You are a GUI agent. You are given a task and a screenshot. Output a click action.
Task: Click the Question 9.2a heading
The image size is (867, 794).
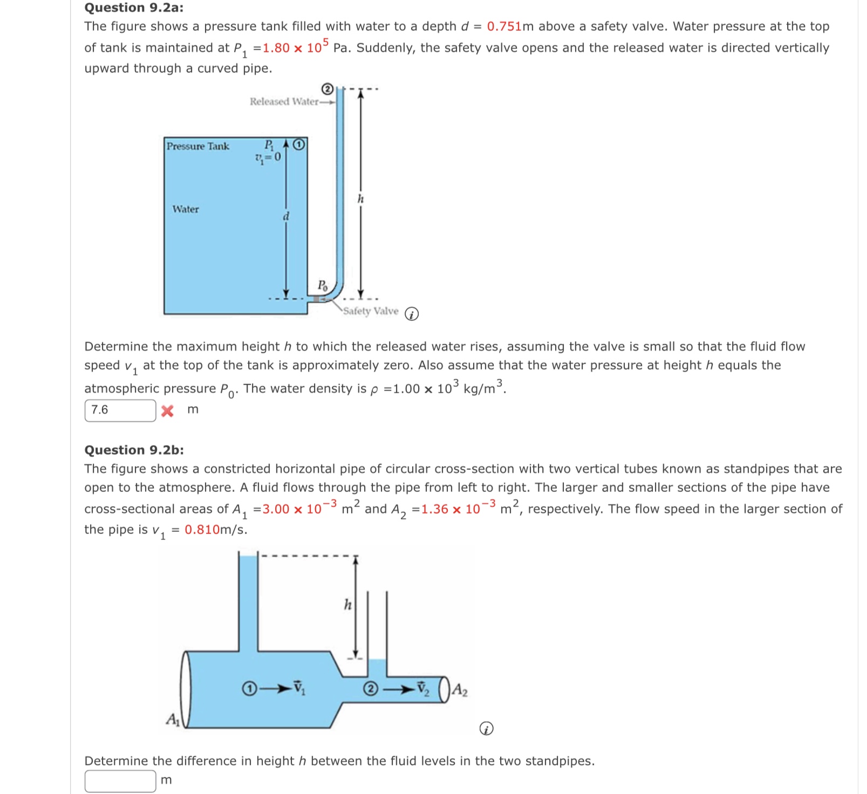tap(133, 8)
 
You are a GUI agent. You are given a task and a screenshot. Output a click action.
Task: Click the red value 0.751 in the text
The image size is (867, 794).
tap(504, 26)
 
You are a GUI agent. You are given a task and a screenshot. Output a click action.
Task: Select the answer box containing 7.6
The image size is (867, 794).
tap(120, 410)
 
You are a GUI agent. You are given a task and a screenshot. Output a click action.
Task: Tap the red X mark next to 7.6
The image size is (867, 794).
tap(168, 410)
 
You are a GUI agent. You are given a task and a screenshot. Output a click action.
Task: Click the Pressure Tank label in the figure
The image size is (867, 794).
tap(197, 146)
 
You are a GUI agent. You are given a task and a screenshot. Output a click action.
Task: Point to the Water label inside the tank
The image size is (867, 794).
tap(186, 209)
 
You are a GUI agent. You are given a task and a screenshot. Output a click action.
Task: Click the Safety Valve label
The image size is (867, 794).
tap(371, 311)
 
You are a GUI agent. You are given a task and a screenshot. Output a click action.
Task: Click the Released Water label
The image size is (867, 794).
tap(284, 101)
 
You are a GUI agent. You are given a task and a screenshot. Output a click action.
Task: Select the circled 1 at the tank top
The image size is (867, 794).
tap(300, 145)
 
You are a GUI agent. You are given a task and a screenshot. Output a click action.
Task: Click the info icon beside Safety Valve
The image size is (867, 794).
tap(412, 314)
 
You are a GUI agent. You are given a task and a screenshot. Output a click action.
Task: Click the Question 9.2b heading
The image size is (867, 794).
tap(134, 450)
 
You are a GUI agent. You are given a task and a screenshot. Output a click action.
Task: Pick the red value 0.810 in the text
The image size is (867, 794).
tap(202, 530)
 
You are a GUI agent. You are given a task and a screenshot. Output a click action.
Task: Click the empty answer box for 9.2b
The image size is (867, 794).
tap(120, 780)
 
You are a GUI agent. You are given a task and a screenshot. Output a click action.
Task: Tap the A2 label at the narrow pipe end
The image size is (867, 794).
tap(460, 690)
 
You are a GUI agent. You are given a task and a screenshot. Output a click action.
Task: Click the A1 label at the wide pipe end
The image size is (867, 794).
tap(173, 719)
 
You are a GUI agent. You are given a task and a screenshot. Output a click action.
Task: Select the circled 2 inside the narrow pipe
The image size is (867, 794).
tap(370, 689)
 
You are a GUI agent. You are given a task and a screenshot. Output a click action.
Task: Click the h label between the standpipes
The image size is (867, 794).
tap(348, 605)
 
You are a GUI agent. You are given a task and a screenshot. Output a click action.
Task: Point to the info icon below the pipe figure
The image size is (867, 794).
tap(486, 729)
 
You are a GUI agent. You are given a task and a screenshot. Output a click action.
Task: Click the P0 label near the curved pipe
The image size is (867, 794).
tap(322, 285)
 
